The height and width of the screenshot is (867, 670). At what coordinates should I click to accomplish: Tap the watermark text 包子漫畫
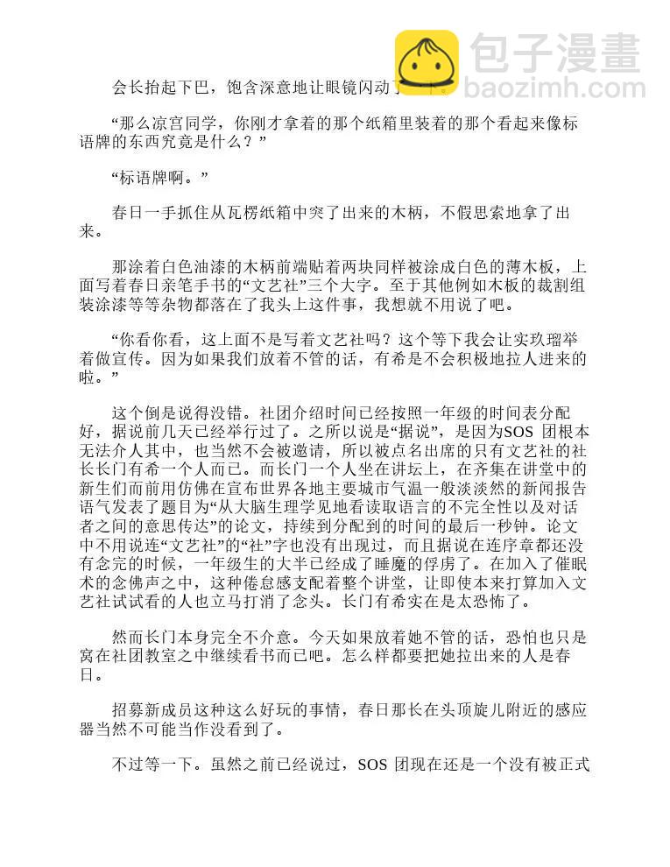554,54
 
